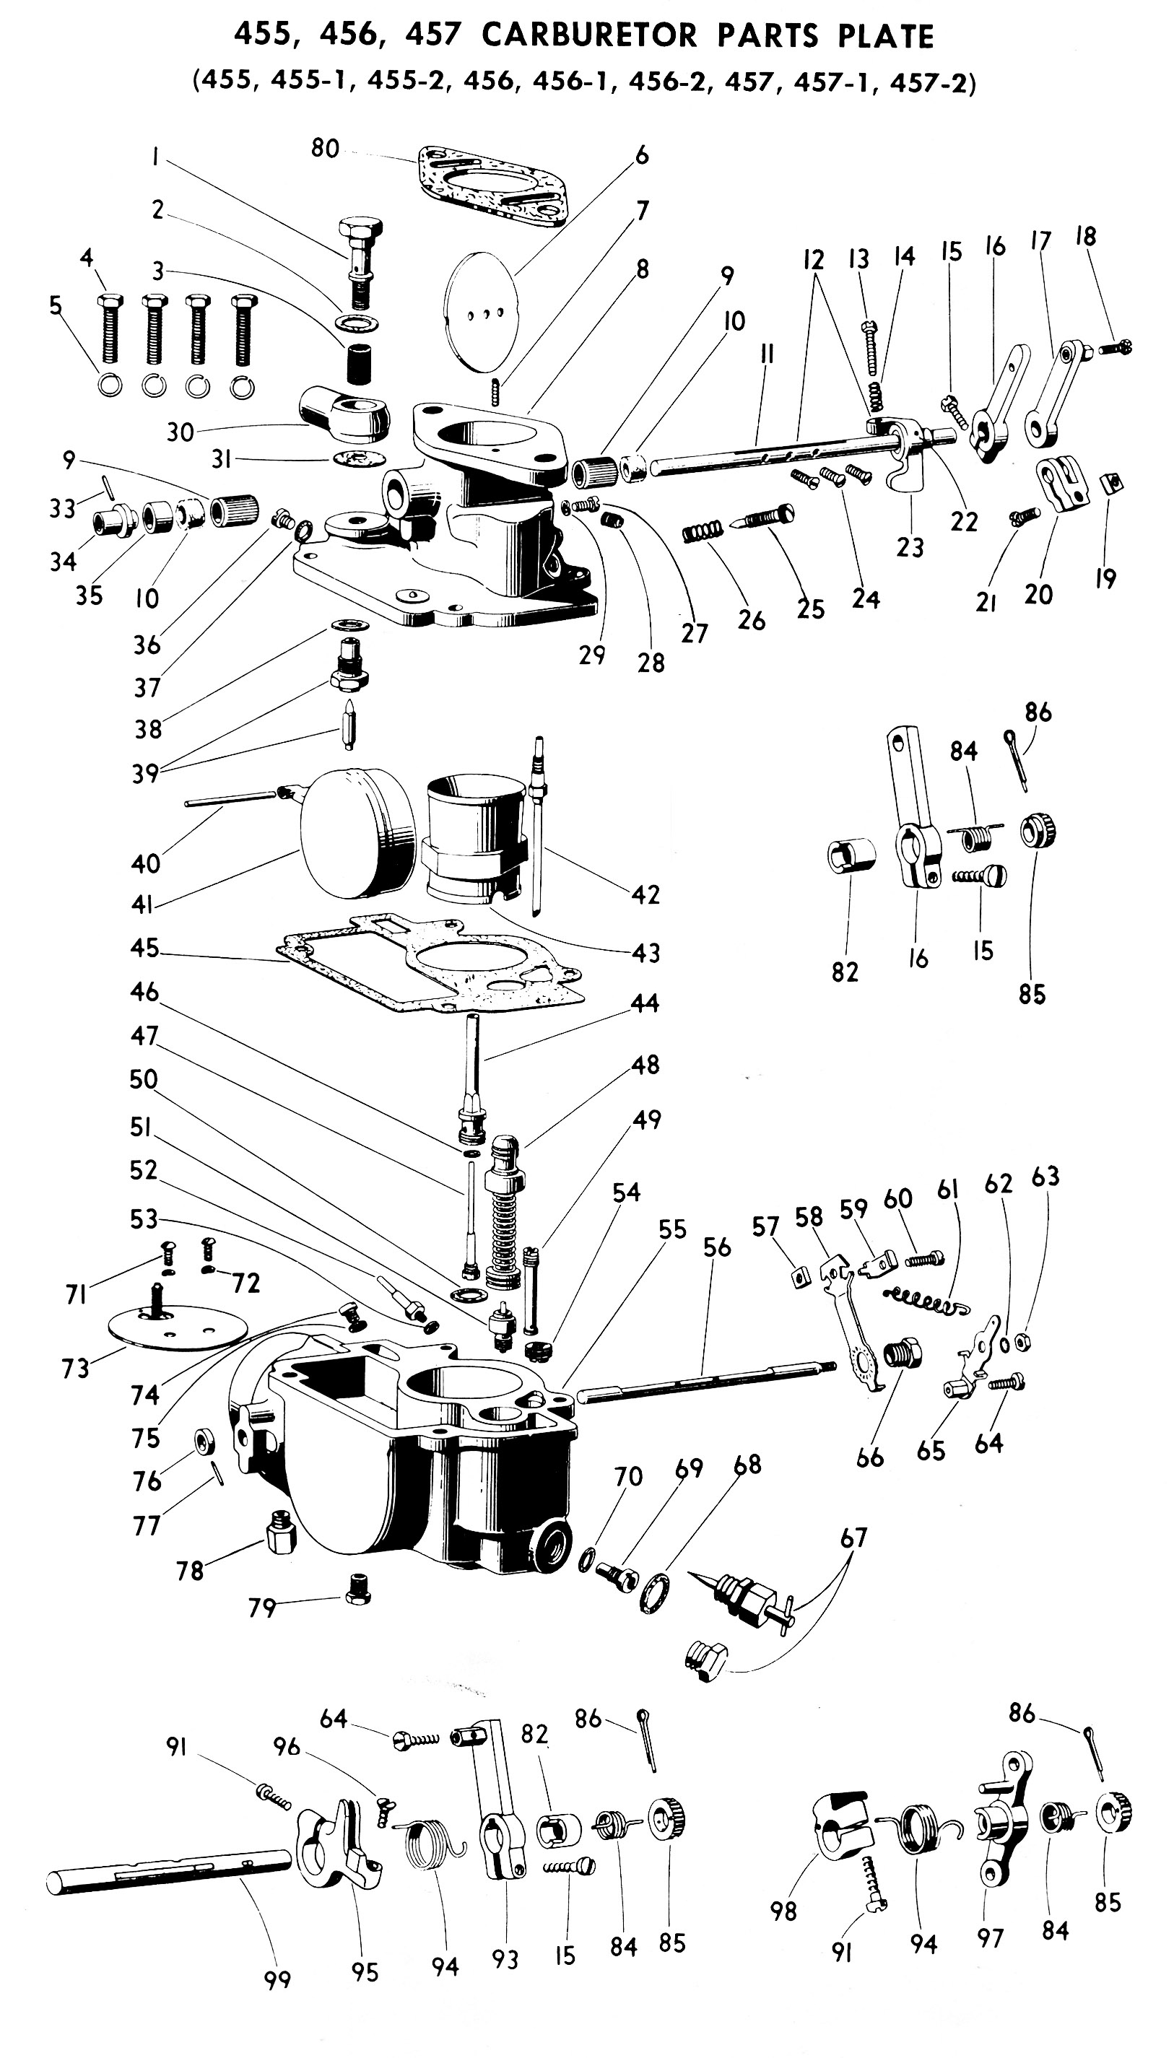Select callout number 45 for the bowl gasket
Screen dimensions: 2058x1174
pos(145,947)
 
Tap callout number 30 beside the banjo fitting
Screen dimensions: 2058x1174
pos(180,432)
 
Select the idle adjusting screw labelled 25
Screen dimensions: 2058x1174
pos(761,517)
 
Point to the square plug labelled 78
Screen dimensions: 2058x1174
pos(278,1533)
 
